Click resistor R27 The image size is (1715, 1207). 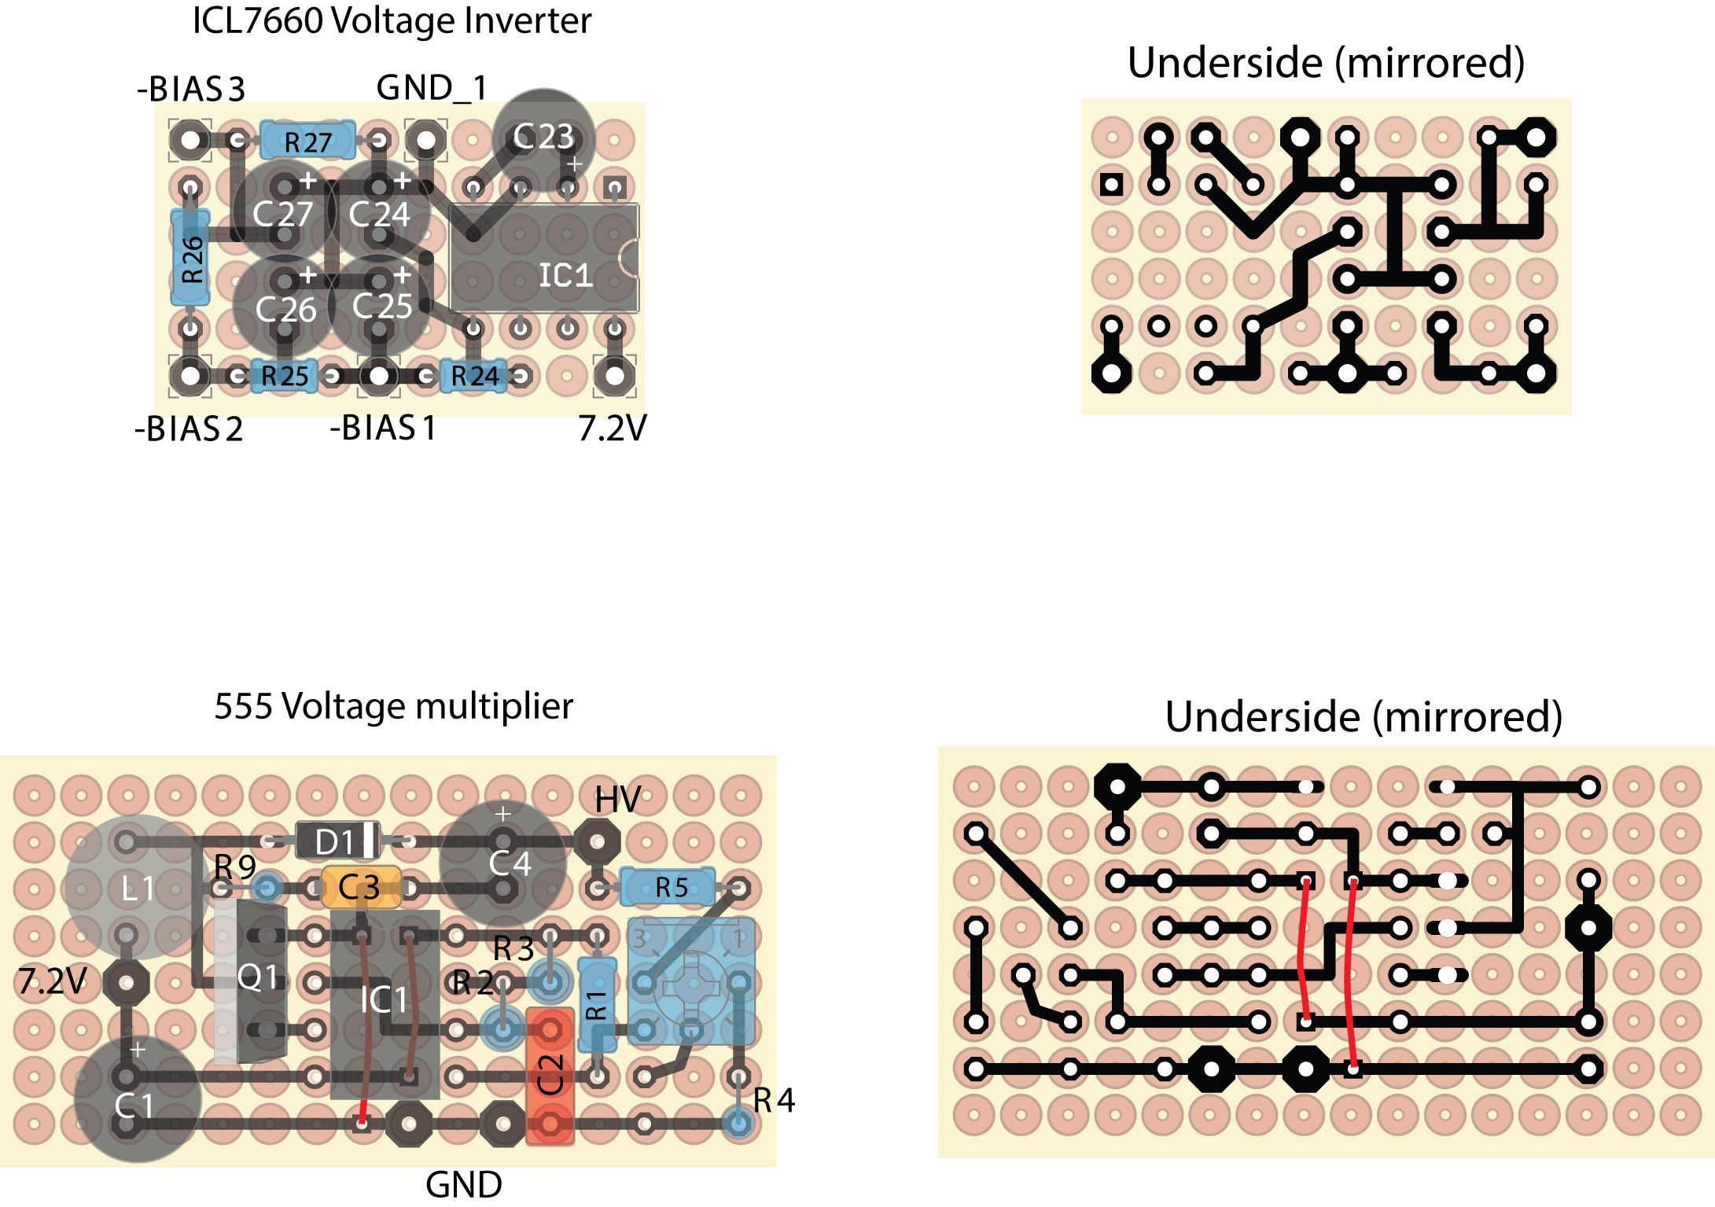click(307, 142)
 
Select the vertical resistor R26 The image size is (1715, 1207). click(191, 258)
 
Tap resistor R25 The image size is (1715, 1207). click(284, 376)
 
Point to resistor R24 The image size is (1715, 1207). click(474, 376)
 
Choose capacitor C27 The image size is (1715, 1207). click(283, 212)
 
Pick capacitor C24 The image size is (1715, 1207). click(380, 212)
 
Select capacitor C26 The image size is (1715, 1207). click(285, 308)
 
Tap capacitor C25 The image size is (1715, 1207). click(381, 305)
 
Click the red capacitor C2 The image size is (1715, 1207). click(550, 1075)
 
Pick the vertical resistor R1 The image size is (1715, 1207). click(597, 1004)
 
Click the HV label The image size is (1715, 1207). click(617, 800)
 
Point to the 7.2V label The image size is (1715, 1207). click(53, 981)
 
